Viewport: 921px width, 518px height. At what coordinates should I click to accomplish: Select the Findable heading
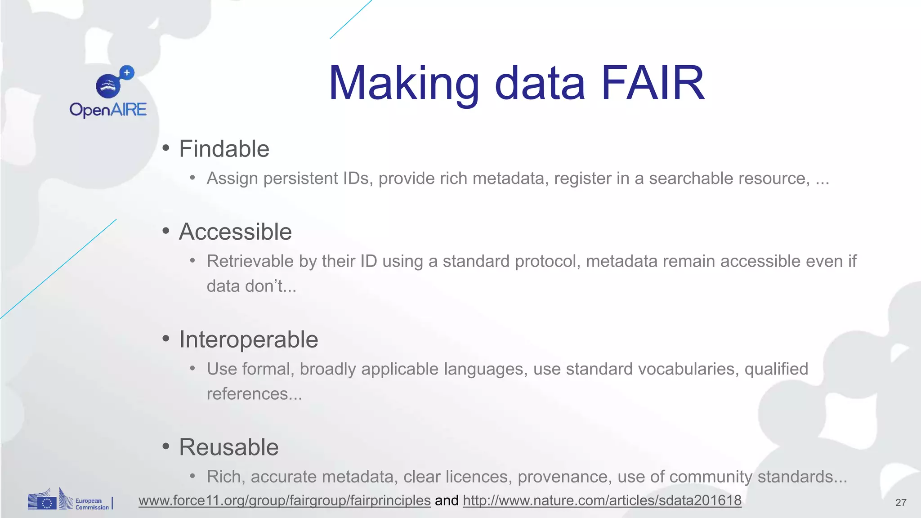pyautogui.click(x=224, y=149)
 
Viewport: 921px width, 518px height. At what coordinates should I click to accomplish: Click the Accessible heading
pyautogui.click(x=235, y=232)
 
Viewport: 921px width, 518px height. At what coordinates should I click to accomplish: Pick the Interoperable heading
pyautogui.click(x=248, y=339)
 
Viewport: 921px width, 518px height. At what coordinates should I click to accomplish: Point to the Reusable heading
pyautogui.click(x=228, y=447)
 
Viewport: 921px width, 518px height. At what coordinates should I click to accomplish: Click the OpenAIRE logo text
pyautogui.click(x=108, y=110)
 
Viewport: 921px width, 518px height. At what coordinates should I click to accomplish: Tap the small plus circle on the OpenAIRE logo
pyautogui.click(x=127, y=72)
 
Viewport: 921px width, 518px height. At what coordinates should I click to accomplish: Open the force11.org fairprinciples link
pyautogui.click(x=284, y=500)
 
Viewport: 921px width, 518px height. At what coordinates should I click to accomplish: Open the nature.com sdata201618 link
pyautogui.click(x=602, y=500)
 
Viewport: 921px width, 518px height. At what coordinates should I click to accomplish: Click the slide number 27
pyautogui.click(x=901, y=503)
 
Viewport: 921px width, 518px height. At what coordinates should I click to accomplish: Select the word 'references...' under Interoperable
pyautogui.click(x=254, y=394)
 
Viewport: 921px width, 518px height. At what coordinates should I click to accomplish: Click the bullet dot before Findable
pyautogui.click(x=166, y=148)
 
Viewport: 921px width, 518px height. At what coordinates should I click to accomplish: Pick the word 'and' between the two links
pyautogui.click(x=447, y=500)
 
